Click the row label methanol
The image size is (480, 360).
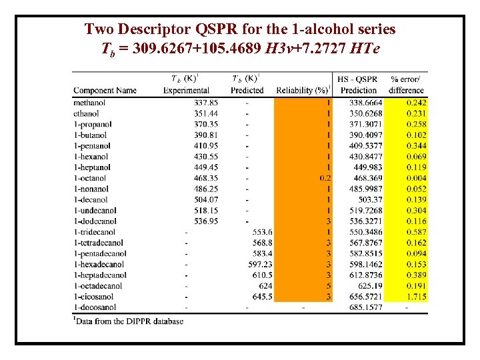(89, 103)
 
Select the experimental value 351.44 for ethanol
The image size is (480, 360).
(205, 113)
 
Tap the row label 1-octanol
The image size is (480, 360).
(89, 178)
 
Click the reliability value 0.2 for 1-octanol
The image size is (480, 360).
(325, 178)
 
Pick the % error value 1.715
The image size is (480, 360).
(417, 296)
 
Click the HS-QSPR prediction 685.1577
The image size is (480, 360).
(366, 307)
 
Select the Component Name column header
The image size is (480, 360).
(105, 91)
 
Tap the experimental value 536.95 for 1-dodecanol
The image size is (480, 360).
(205, 221)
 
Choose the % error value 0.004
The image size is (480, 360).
(417, 178)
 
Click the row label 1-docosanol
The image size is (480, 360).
(95, 307)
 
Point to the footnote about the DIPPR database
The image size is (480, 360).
(128, 321)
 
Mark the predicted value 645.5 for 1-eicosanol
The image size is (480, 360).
(262, 296)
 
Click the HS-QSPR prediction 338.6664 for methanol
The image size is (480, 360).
(366, 103)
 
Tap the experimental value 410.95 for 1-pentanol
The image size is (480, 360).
(205, 145)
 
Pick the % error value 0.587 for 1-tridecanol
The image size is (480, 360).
(417, 232)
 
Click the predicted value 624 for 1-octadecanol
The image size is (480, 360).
(265, 285)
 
